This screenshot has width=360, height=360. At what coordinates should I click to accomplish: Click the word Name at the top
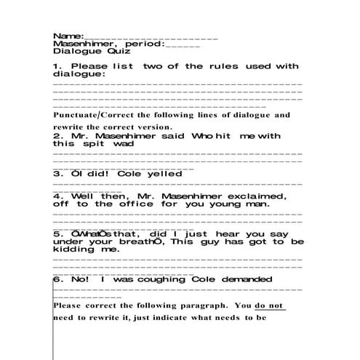(x=68, y=36)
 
